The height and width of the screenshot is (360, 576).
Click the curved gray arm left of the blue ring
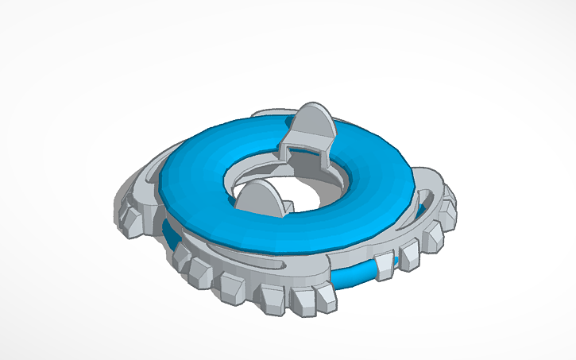(x=147, y=179)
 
